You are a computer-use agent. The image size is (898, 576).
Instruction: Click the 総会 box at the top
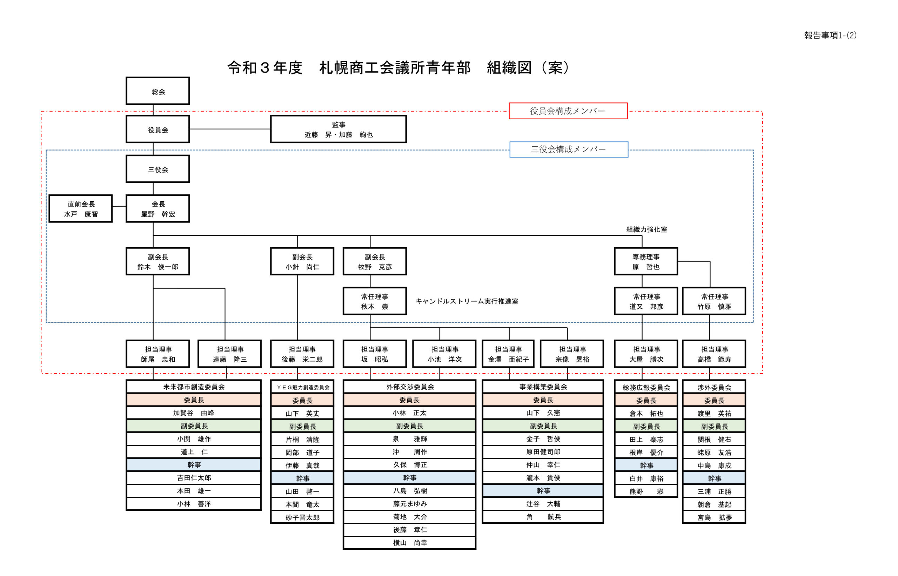(x=158, y=91)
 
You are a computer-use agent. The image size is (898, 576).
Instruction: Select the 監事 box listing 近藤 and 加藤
(x=338, y=129)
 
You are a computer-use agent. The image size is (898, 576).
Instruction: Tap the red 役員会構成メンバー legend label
(x=568, y=111)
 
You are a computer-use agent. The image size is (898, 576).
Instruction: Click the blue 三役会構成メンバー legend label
(x=569, y=149)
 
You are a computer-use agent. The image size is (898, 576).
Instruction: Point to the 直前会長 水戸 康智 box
(x=80, y=209)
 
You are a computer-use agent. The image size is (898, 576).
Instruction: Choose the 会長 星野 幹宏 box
(x=158, y=209)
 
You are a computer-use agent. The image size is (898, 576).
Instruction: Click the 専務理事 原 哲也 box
(x=645, y=261)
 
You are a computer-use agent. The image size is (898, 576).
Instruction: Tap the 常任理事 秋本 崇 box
(x=374, y=301)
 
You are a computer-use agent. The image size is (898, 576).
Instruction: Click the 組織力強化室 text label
(x=646, y=229)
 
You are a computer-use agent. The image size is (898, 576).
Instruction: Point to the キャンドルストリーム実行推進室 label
(x=467, y=301)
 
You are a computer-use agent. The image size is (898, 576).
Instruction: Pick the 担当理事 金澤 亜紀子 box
(x=508, y=354)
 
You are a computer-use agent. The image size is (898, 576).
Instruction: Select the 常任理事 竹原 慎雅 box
(x=714, y=301)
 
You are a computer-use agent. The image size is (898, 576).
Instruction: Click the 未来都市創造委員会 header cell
(x=194, y=387)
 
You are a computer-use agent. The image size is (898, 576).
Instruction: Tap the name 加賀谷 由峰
(x=194, y=413)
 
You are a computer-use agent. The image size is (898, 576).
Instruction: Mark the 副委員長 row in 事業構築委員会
(x=543, y=426)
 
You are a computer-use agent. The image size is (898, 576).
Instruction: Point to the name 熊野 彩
(x=645, y=491)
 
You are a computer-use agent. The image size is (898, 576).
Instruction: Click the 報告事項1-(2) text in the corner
(x=830, y=35)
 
